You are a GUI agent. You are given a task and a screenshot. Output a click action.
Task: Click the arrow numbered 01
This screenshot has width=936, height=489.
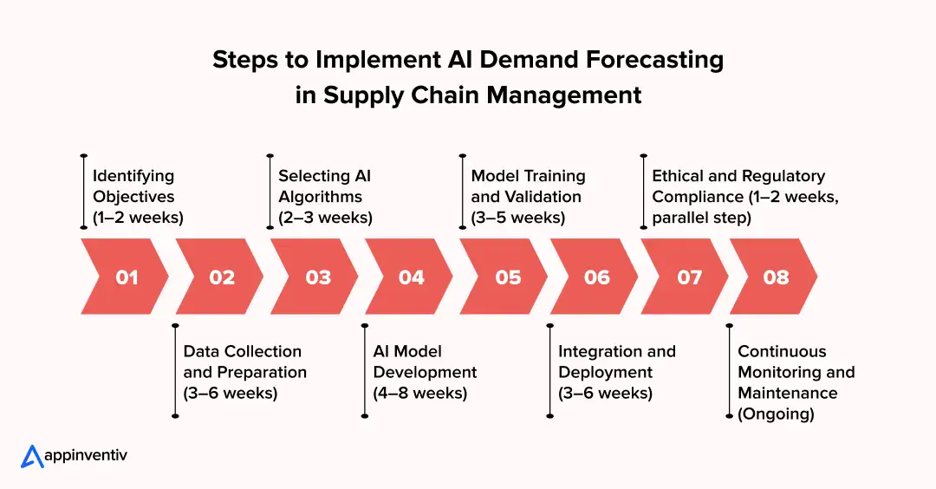(126, 277)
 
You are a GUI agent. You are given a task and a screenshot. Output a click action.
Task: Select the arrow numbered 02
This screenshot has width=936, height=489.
(222, 277)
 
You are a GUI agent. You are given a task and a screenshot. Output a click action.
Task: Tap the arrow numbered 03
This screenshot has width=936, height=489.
(317, 277)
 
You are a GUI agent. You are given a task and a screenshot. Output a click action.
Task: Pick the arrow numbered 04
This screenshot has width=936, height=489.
(412, 277)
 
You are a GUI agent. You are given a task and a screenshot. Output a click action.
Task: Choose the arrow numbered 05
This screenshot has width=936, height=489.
(507, 277)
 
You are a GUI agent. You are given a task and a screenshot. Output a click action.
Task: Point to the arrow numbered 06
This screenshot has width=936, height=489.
(596, 277)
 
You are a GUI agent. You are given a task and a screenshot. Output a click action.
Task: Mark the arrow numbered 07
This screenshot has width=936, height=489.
(689, 277)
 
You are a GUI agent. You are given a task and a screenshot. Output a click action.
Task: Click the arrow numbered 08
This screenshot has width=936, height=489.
(776, 277)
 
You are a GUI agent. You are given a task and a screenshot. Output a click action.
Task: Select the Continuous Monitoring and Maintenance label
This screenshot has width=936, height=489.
(796, 372)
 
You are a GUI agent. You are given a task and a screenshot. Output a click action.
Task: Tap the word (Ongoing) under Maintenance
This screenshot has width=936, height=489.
(776, 414)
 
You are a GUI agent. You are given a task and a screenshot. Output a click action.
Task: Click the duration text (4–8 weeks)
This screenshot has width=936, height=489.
(420, 394)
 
